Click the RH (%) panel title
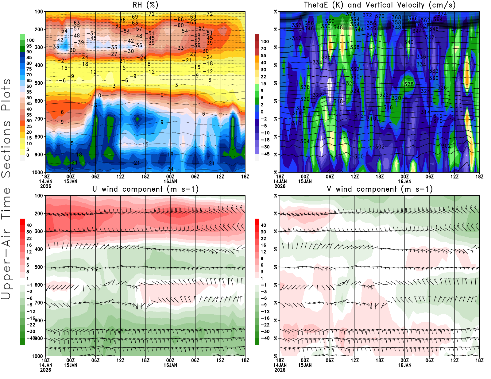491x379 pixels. pos(145,5)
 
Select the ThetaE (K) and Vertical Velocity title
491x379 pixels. pos(380,5)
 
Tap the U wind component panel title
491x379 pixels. pos(145,189)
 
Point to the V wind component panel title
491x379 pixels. pos(380,189)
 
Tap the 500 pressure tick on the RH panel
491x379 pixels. pos(39,83)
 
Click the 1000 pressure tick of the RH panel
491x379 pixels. pos(37,172)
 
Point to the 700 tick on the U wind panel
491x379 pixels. pos(39,303)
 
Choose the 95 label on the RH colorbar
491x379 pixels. pos(29,46)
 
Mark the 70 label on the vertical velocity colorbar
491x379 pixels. pos(263,48)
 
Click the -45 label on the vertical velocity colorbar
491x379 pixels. pos(265,154)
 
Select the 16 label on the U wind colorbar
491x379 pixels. pos(29,245)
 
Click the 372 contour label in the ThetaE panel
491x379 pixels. pos(367,15)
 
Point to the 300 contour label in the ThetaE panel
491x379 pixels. pos(359,156)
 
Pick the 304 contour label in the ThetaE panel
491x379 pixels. pos(305,141)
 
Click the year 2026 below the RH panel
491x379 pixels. pos(45,186)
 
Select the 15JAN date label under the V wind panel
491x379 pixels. pos(305,365)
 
